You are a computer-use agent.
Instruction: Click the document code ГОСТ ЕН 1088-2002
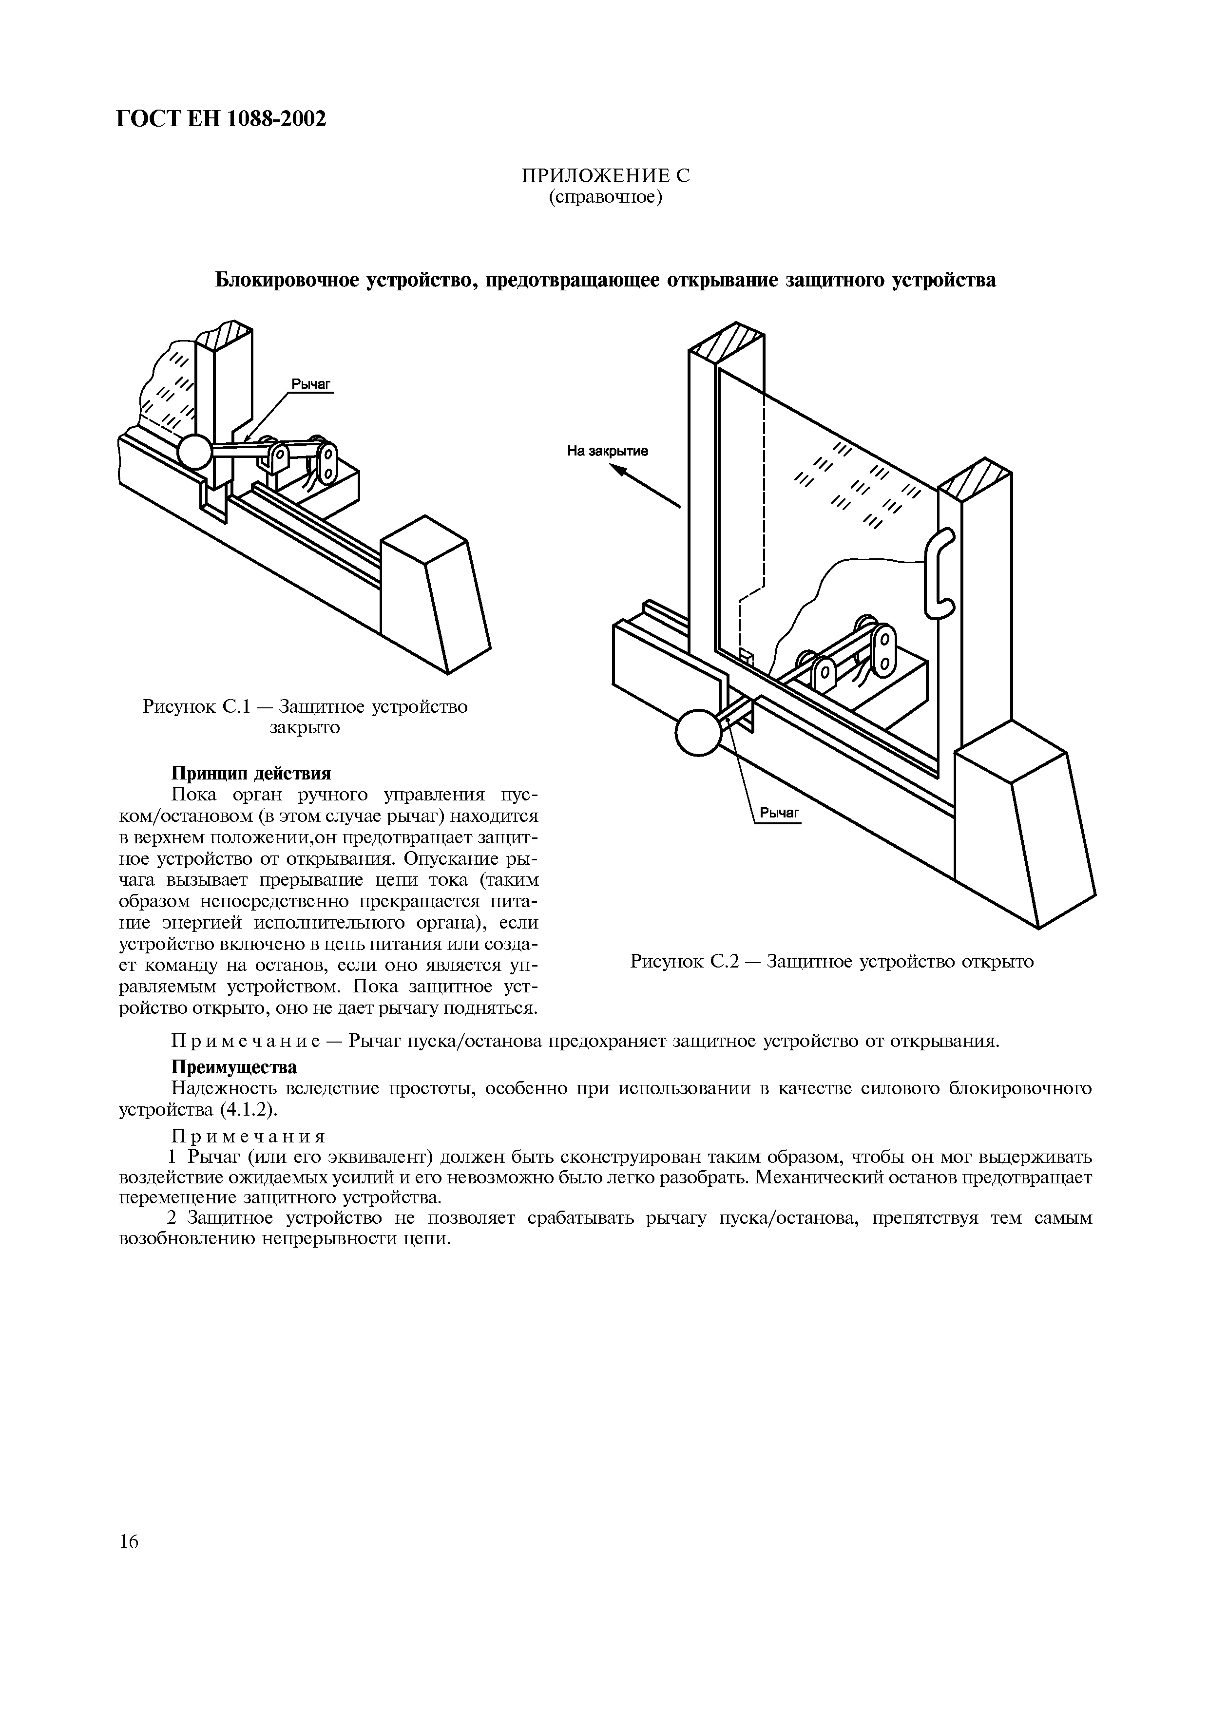pyautogui.click(x=222, y=118)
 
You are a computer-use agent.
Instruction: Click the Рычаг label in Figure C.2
pyautogui.click(x=779, y=814)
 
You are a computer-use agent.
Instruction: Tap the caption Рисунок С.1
pyautogui.click(x=305, y=706)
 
